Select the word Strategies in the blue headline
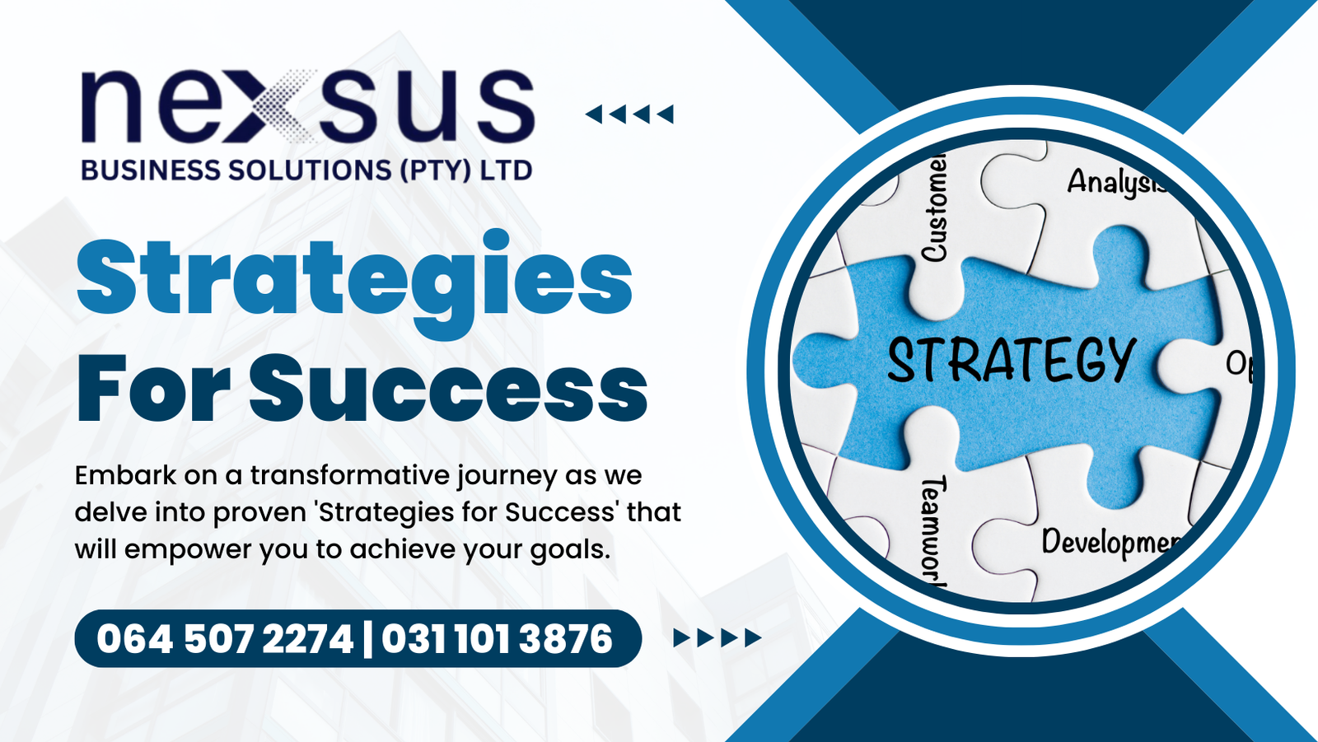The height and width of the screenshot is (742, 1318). pyautogui.click(x=354, y=283)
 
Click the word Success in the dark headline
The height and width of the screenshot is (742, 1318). pyautogui.click(x=448, y=389)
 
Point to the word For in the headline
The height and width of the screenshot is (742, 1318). pyautogui.click(x=153, y=389)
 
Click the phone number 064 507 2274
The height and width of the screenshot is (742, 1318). pyautogui.click(x=225, y=639)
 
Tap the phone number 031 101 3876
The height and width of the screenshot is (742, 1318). pyautogui.click(x=497, y=639)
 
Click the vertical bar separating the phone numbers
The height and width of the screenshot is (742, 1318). pyautogui.click(x=367, y=639)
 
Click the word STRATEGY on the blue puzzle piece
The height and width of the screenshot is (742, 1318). pyautogui.click(x=1011, y=360)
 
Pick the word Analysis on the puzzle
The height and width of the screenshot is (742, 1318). pyautogui.click(x=1117, y=182)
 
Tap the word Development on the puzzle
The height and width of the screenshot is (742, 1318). pyautogui.click(x=1111, y=543)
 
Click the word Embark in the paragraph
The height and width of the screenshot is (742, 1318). pyautogui.click(x=125, y=475)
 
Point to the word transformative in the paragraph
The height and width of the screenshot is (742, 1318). pyautogui.click(x=349, y=475)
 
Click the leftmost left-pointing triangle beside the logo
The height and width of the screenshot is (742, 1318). pyautogui.click(x=594, y=114)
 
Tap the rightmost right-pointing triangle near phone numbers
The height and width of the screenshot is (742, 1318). pyautogui.click(x=753, y=638)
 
